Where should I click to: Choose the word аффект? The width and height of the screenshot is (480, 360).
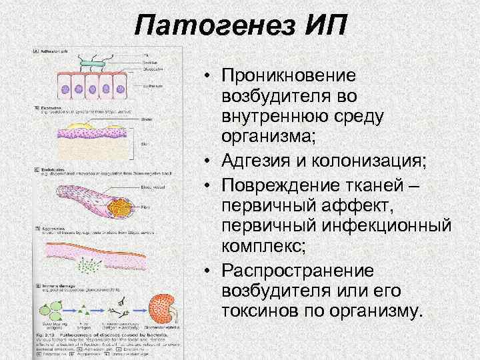(x=379, y=203)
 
